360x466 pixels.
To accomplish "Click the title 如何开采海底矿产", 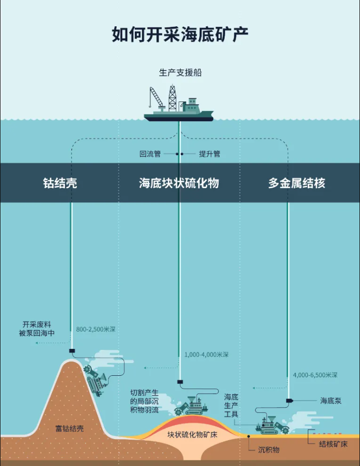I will [180, 34].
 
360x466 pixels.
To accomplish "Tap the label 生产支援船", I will [180, 73].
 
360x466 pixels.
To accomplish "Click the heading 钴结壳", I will [60, 183].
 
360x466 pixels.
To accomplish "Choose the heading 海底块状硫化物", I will [179, 183].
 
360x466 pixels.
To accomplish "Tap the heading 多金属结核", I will [297, 183].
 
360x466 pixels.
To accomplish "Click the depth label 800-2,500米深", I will [96, 329].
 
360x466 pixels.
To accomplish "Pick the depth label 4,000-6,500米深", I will [315, 375].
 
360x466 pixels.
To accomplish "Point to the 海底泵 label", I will [331, 401].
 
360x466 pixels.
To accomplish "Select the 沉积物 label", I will [269, 450].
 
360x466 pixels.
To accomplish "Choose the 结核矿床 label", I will [333, 444].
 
